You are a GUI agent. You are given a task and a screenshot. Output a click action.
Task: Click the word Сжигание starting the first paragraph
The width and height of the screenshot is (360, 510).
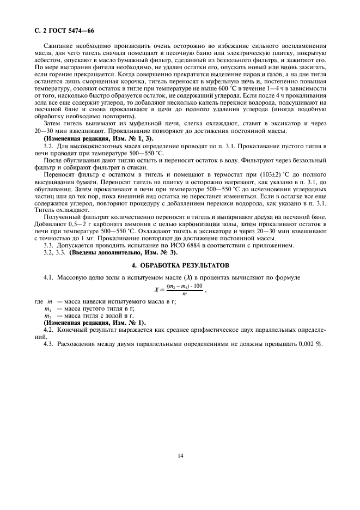[60, 49]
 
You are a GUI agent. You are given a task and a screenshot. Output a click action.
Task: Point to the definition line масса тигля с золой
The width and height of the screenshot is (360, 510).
[87, 315]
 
